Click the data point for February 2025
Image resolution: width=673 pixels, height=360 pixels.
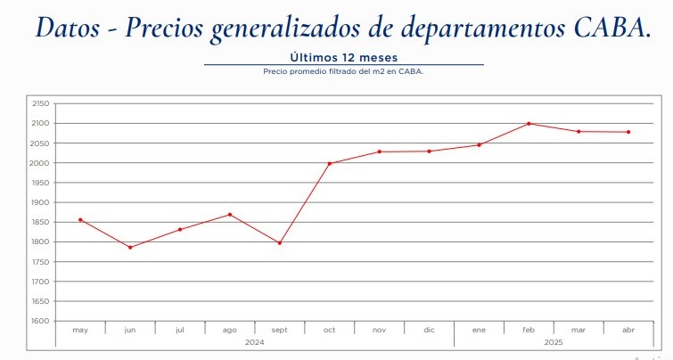[x=529, y=123]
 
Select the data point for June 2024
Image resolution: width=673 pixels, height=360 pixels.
[x=130, y=247]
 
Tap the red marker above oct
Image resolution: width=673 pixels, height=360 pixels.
[x=329, y=163]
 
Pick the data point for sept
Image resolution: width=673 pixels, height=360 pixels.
[x=280, y=242]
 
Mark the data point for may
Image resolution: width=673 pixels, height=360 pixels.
[x=80, y=219]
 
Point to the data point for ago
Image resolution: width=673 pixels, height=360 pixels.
[x=230, y=214]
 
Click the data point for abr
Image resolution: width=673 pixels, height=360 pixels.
[x=628, y=132]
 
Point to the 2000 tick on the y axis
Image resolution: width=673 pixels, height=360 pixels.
[x=41, y=163]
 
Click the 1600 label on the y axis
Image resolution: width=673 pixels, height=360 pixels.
[x=41, y=321]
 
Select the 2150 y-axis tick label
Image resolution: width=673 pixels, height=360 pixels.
[x=41, y=103]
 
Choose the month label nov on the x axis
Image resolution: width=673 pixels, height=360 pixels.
[x=379, y=330]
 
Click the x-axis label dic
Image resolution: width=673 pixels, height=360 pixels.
[x=429, y=330]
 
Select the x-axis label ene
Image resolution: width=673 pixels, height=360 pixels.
[x=479, y=330]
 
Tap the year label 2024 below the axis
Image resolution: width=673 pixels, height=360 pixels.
[x=255, y=341]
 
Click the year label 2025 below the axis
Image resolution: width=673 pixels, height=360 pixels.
[x=554, y=341]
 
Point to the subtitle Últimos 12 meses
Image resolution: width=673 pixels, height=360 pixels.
[x=343, y=58]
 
